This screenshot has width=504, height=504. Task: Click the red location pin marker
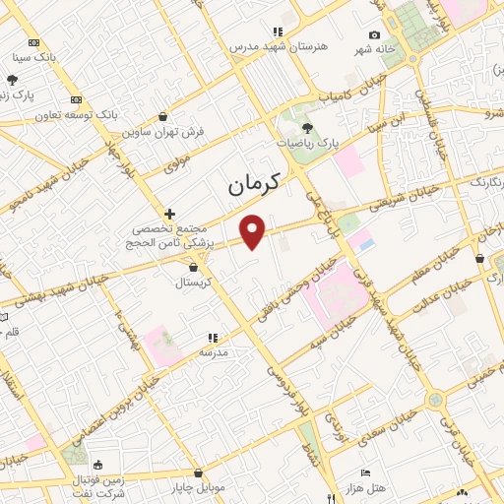click(253, 230)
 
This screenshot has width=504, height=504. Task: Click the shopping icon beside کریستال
click(193, 267)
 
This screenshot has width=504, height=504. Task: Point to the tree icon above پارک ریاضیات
click(307, 127)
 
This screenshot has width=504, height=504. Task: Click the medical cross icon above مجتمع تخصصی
click(170, 213)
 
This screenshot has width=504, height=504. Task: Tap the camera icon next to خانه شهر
click(374, 35)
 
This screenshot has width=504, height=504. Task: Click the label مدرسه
click(214, 351)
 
